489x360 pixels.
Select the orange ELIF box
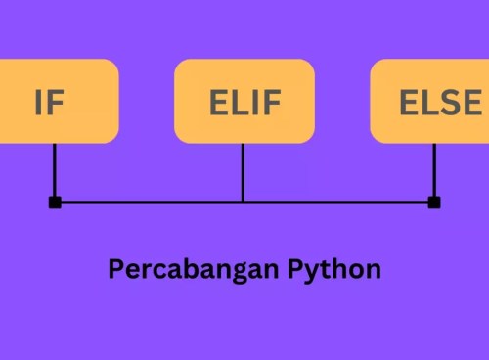point(244,101)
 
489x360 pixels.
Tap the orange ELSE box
point(430,101)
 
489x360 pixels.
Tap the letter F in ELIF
point(271,102)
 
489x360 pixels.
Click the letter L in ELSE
point(426,102)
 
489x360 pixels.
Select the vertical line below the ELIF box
point(244,171)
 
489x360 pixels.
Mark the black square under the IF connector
point(55,202)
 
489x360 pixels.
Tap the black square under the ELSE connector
point(434,202)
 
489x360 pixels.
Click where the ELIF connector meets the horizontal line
point(244,202)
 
